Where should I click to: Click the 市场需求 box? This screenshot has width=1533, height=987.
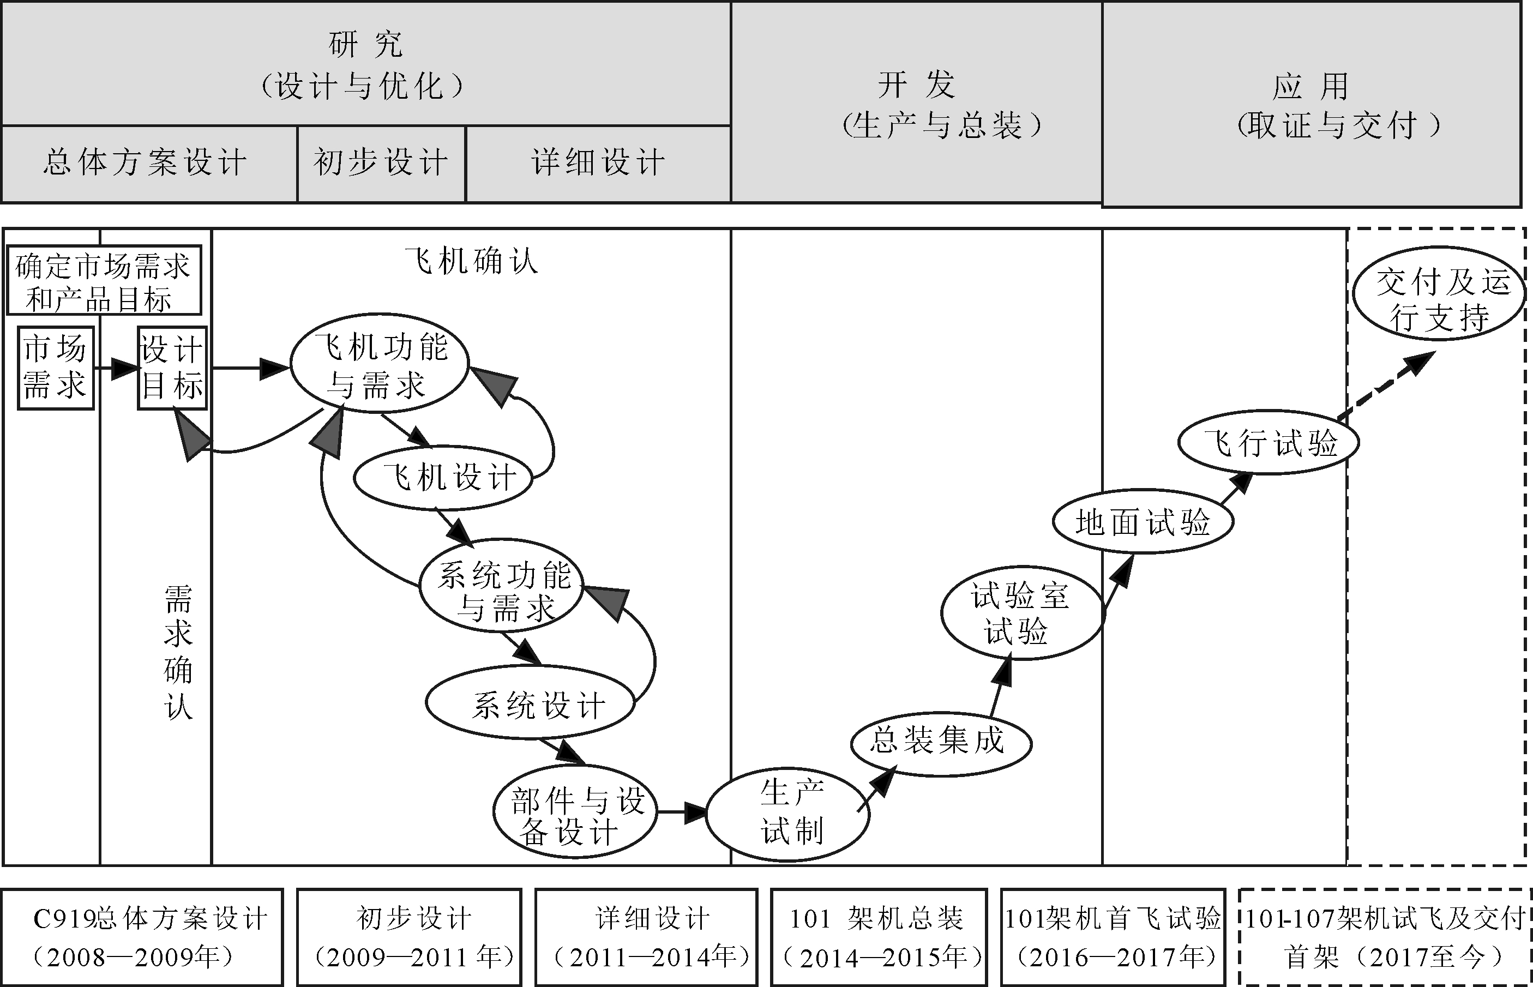[x=56, y=368]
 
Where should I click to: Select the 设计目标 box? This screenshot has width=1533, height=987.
[x=172, y=368]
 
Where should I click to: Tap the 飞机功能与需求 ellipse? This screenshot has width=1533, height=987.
[x=380, y=363]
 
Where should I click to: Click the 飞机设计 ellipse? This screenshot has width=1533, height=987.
[x=443, y=478]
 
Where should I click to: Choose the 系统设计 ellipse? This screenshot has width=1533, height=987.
[x=531, y=702]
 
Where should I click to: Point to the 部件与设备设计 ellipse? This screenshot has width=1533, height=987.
[x=575, y=811]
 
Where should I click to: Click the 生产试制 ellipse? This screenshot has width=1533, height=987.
[x=788, y=813]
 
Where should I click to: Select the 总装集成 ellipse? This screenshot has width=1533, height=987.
[x=941, y=743]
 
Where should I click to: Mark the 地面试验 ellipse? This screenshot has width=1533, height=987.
[x=1143, y=522]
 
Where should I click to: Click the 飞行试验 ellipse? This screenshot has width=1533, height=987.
[x=1269, y=442]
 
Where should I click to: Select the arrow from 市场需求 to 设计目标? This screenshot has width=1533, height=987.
[x=116, y=368]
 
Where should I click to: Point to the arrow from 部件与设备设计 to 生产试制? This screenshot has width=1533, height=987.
[x=681, y=812]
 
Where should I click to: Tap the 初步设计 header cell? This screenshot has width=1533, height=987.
[x=381, y=164]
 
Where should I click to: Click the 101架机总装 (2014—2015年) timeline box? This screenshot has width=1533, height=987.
[x=879, y=936]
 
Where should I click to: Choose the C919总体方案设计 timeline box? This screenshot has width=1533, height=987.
[x=142, y=936]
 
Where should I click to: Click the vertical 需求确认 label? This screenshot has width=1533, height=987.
[x=178, y=652]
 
